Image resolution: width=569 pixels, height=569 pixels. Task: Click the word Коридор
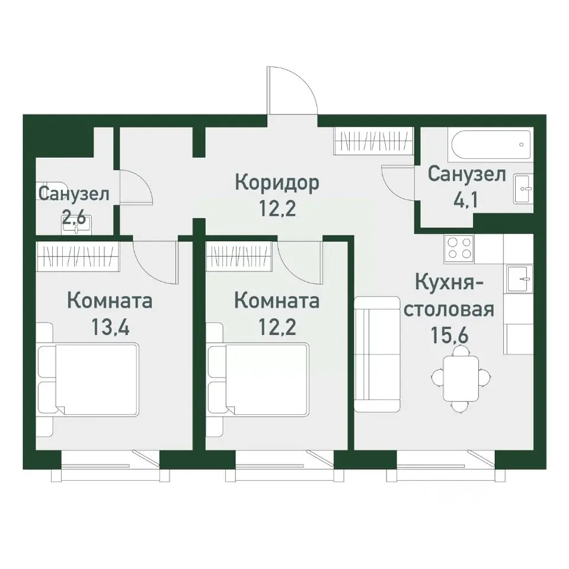pyautogui.click(x=277, y=182)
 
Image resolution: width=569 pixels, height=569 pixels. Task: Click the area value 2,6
pyautogui.click(x=74, y=218)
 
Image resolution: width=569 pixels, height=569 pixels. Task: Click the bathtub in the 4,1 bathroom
pyautogui.click(x=491, y=144)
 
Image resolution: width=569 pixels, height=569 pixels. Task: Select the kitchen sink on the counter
pyautogui.click(x=519, y=279)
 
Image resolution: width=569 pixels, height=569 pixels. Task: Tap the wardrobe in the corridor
pyautogui.click(x=373, y=141)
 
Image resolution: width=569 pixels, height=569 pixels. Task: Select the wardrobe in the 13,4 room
pyautogui.click(x=78, y=256)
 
